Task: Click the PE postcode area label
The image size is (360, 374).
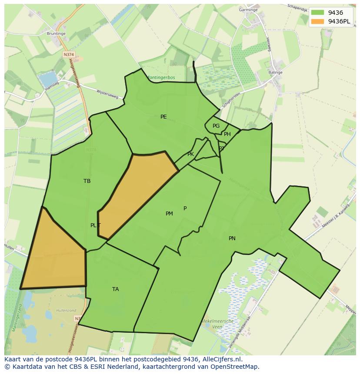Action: [x=163, y=116]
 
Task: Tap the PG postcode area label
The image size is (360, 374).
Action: [x=216, y=126]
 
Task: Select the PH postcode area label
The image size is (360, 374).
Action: [x=227, y=134]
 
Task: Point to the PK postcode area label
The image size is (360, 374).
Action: [x=190, y=154]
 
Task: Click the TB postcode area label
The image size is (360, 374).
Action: [x=87, y=181]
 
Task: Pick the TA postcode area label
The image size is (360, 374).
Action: [x=115, y=289]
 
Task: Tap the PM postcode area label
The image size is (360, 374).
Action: [x=169, y=214]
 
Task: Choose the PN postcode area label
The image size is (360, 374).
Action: [x=232, y=238]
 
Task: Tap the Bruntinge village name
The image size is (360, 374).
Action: [x=56, y=33]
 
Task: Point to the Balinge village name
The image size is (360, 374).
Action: [x=275, y=73]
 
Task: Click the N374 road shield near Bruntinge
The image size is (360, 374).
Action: [x=68, y=55]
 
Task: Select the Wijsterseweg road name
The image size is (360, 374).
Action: [x=107, y=94]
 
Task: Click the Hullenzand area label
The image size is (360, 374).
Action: [x=67, y=311]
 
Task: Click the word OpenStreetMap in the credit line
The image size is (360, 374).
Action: [x=235, y=367]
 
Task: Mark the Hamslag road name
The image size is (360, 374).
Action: [x=51, y=88]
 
